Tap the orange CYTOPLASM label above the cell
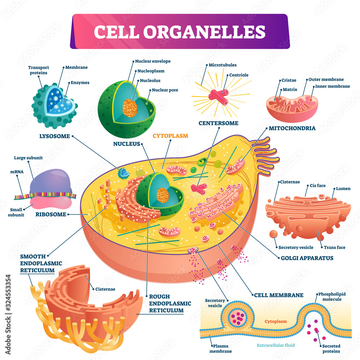click(170, 136)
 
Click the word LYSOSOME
click(54, 136)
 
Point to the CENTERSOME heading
click(219, 123)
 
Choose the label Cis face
click(317, 186)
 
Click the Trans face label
click(334, 247)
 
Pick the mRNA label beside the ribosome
click(17, 172)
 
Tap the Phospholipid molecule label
click(332, 297)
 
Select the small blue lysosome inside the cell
click(125, 173)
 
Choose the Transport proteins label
click(39, 70)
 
